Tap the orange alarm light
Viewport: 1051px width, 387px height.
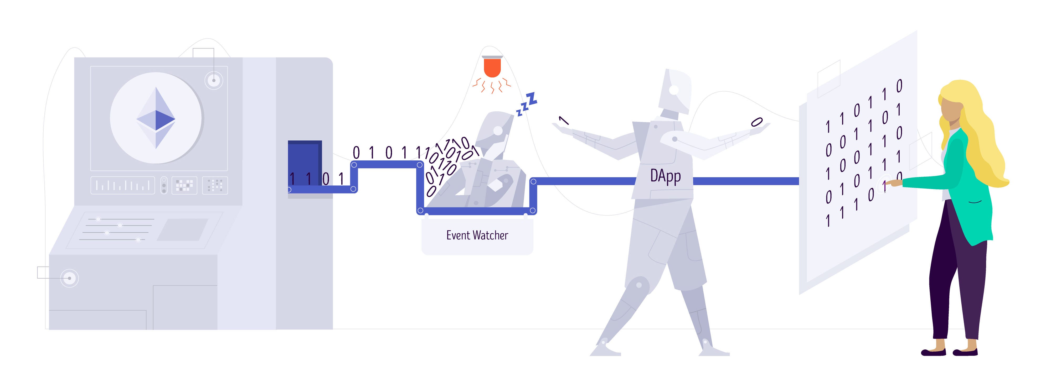coord(492,68)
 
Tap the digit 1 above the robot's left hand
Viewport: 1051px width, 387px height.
coord(563,120)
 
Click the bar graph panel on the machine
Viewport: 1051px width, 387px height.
coord(122,186)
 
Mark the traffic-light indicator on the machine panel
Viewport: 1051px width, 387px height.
coord(164,186)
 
